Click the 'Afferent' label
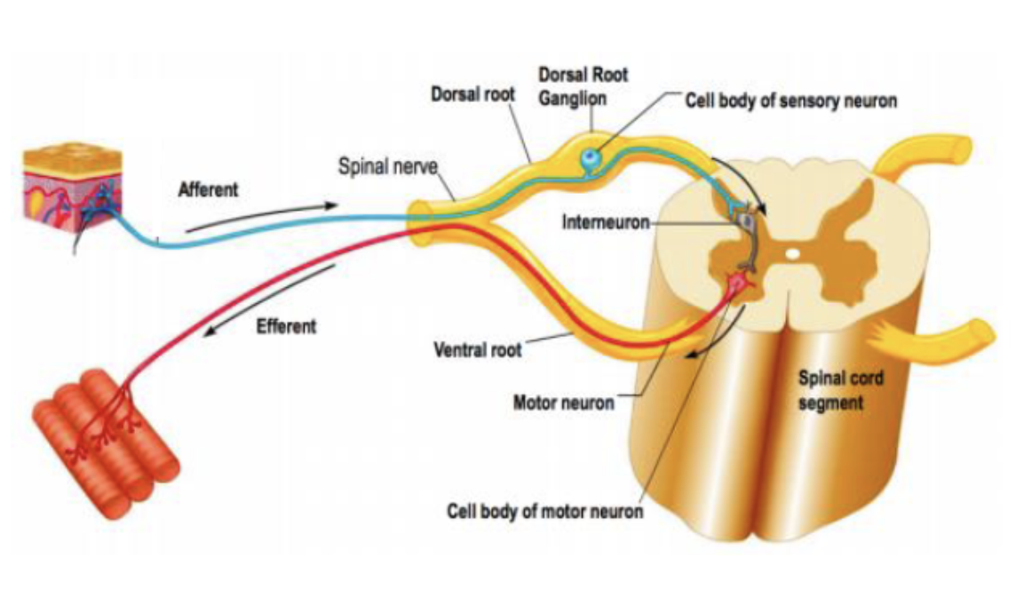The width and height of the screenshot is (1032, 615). (209, 190)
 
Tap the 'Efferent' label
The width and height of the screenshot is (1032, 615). (285, 326)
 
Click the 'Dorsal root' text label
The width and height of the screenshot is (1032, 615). (472, 93)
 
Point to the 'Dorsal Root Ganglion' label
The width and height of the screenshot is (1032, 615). (583, 86)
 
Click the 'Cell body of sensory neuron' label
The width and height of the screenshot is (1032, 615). (790, 100)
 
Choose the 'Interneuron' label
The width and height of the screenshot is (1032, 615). (606, 221)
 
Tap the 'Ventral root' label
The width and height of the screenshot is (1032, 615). (477, 349)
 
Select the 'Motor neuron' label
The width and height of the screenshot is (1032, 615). (563, 403)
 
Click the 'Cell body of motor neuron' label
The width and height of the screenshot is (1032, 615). (544, 513)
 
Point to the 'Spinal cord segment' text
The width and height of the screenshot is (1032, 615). (840, 390)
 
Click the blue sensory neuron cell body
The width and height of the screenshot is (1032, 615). (590, 158)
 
